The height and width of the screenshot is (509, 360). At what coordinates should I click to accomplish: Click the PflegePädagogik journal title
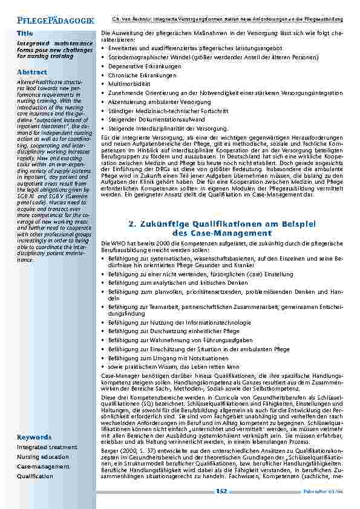56,20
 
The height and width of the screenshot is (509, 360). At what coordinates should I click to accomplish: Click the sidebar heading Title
25,33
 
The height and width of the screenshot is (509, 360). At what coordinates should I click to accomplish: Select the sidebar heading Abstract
32,72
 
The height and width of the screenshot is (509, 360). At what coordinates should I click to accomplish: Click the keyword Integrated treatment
47,447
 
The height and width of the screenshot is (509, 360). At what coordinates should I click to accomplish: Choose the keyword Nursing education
43,456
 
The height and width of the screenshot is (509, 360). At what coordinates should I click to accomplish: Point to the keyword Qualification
35,476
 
